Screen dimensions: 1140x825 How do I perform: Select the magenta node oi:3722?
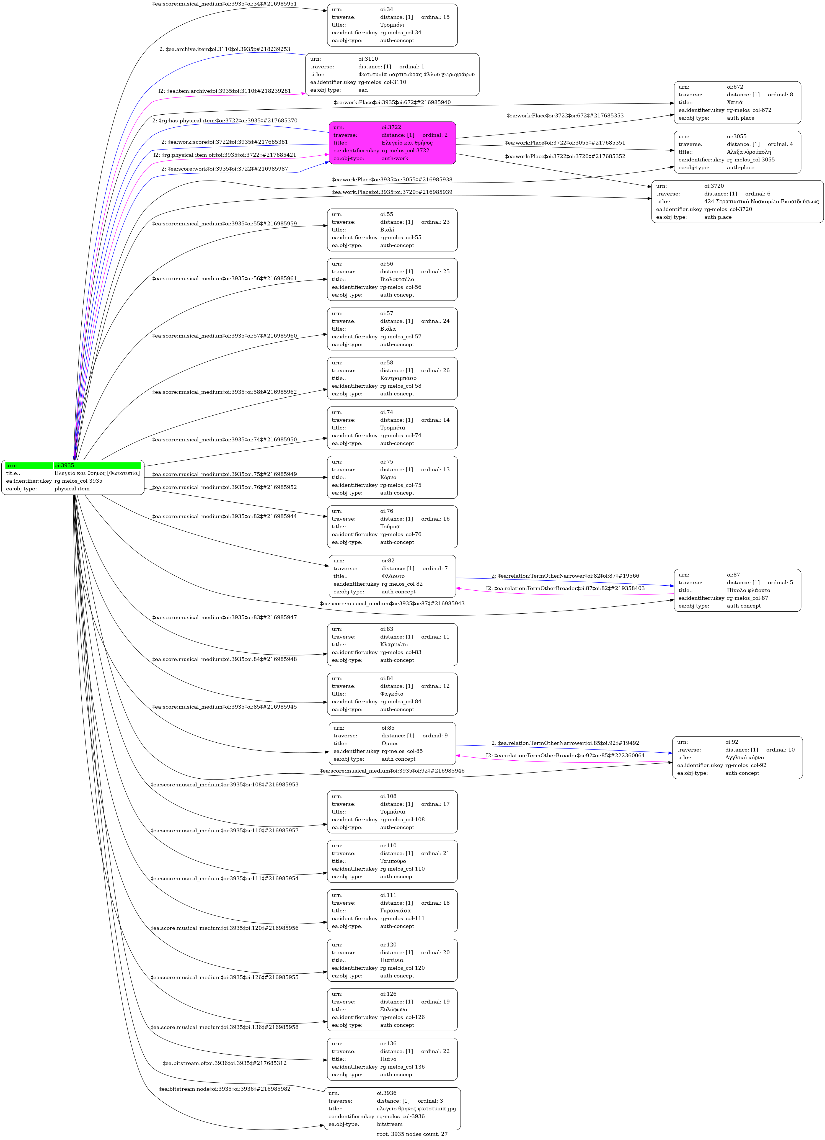pyautogui.click(x=392, y=143)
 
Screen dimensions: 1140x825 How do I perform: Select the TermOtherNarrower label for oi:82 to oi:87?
pyautogui.click(x=565, y=575)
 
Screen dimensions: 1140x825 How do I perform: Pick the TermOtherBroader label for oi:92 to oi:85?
pyautogui.click(x=565, y=755)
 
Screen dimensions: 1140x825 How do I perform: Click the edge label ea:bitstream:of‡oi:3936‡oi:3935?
pyautogui.click(x=225, y=1063)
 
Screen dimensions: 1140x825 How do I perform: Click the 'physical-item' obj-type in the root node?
pyautogui.click(x=72, y=488)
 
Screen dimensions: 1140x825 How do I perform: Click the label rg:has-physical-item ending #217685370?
pyautogui.click(x=225, y=121)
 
